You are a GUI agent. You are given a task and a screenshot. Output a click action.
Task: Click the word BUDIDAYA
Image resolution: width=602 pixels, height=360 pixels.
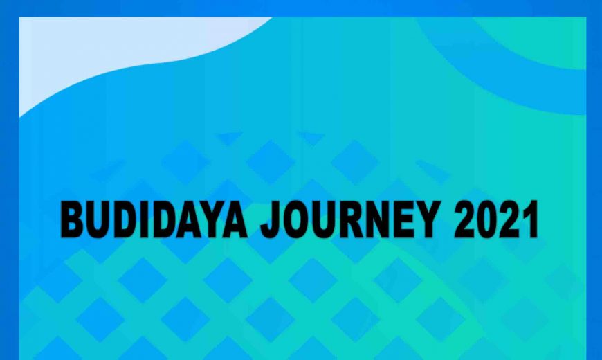(154, 219)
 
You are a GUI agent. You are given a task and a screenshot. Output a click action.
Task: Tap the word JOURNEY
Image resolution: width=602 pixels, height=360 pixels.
(349, 219)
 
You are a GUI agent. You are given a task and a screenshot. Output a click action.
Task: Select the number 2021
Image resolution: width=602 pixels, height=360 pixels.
(496, 219)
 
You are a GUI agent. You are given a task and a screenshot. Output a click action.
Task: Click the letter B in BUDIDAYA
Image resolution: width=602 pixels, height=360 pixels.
(72, 219)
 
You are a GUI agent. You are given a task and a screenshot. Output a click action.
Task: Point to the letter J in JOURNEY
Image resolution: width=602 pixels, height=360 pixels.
(271, 220)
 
